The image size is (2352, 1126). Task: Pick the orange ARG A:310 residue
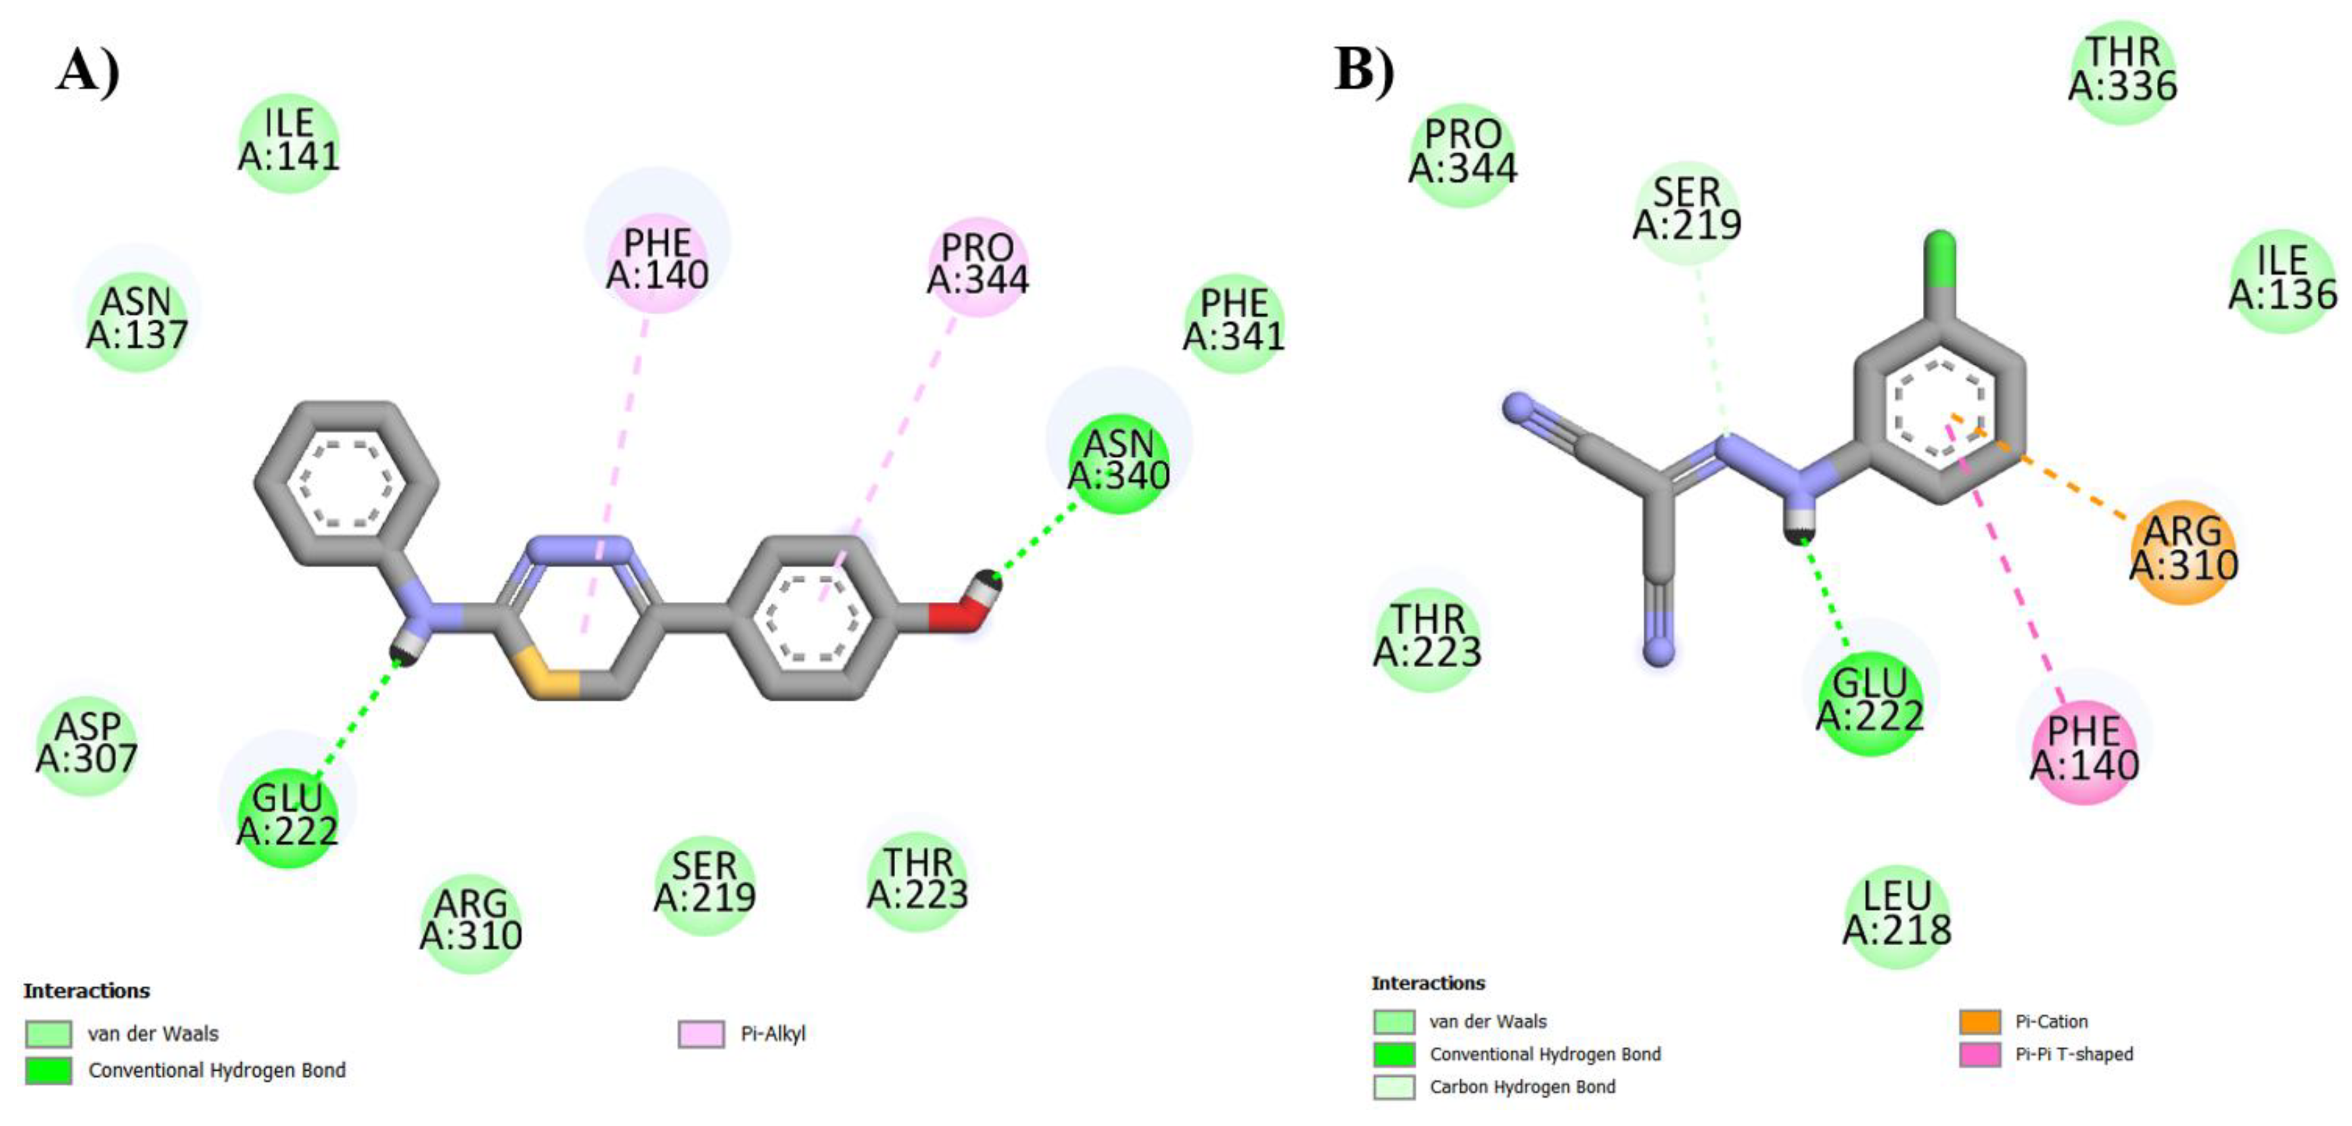coord(2183,551)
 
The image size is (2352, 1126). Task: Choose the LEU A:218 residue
coord(1897,916)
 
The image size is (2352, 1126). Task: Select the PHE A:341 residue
coord(1234,322)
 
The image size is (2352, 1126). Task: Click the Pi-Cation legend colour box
coord(1979,1021)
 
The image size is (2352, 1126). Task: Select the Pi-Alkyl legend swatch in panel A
coord(701,1034)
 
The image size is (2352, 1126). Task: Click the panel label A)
coord(87,70)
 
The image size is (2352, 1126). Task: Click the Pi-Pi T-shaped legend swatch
coord(1979,1054)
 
